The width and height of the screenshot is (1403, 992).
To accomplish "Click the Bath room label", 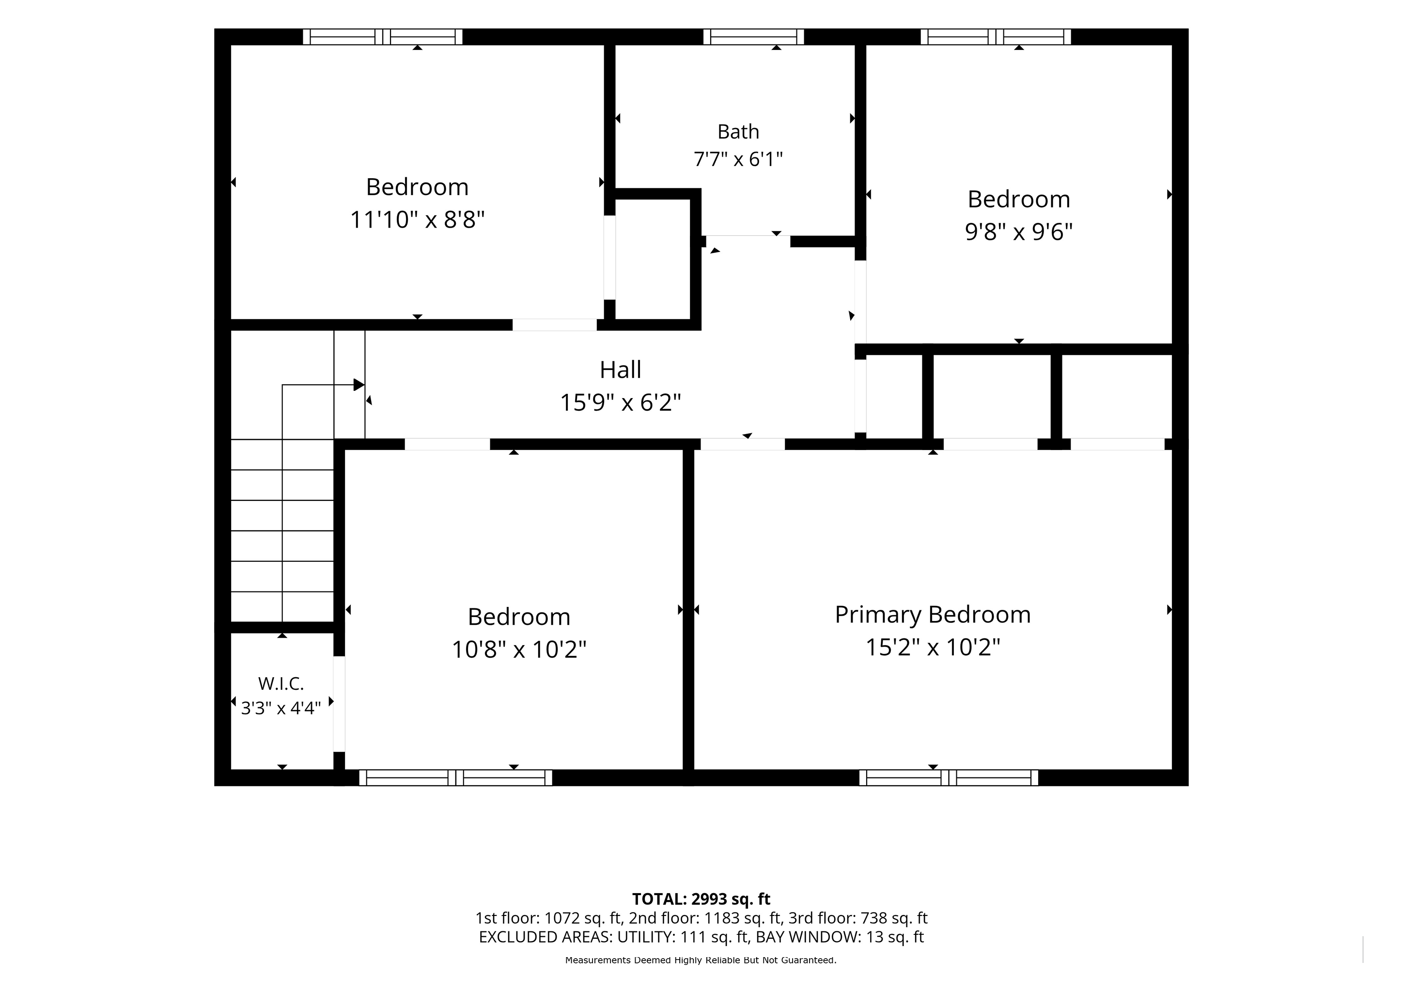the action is click(x=738, y=131).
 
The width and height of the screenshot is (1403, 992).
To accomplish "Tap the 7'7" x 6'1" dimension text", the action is click(x=738, y=159).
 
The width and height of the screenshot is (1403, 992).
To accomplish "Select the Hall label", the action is click(x=620, y=370).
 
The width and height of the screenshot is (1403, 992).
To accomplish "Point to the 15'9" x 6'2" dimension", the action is click(x=620, y=403).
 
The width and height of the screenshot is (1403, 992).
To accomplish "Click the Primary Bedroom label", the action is click(x=933, y=615).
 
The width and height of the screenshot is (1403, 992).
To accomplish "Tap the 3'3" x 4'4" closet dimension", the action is click(x=281, y=708).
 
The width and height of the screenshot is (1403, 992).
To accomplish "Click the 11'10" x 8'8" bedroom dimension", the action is click(x=417, y=219).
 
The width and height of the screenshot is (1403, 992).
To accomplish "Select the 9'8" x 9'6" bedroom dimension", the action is click(x=1019, y=232).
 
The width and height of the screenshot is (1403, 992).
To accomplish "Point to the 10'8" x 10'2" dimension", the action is click(x=519, y=650).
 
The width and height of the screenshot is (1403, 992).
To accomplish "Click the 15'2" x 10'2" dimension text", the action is click(x=933, y=647).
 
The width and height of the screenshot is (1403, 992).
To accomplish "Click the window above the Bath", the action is click(x=753, y=37).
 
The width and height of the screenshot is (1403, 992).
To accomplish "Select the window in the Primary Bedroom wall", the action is click(x=949, y=777).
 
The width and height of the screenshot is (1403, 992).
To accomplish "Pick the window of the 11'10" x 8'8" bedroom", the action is click(x=383, y=37).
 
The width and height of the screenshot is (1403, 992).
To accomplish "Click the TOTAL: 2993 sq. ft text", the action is click(x=701, y=899).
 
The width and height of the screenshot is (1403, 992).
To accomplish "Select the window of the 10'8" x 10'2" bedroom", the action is click(x=456, y=777).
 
